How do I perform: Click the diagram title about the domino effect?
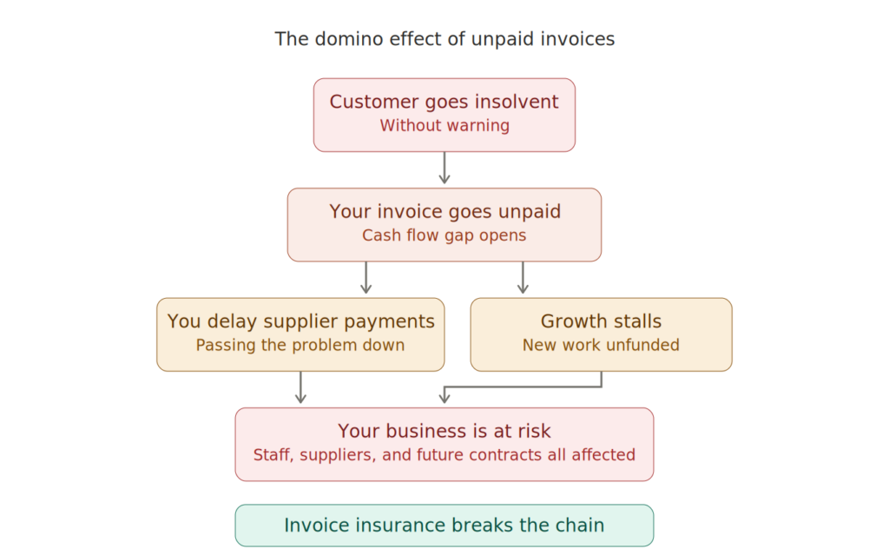click(444, 39)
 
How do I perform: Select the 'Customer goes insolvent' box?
click(444, 115)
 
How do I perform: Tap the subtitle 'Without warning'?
click(444, 126)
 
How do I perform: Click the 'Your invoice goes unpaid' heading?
click(444, 212)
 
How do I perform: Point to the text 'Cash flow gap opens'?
click(444, 235)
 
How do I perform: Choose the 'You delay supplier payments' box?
click(300, 334)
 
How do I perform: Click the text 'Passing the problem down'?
click(300, 345)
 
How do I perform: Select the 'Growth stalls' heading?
click(601, 321)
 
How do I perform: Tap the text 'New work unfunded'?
click(601, 345)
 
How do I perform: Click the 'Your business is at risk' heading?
click(444, 431)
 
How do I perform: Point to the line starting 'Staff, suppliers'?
click(444, 454)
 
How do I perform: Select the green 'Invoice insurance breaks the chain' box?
click(444, 526)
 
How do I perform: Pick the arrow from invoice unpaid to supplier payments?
click(366, 278)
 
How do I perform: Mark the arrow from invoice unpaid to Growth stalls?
click(523, 278)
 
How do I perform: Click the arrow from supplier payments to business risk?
click(300, 388)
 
